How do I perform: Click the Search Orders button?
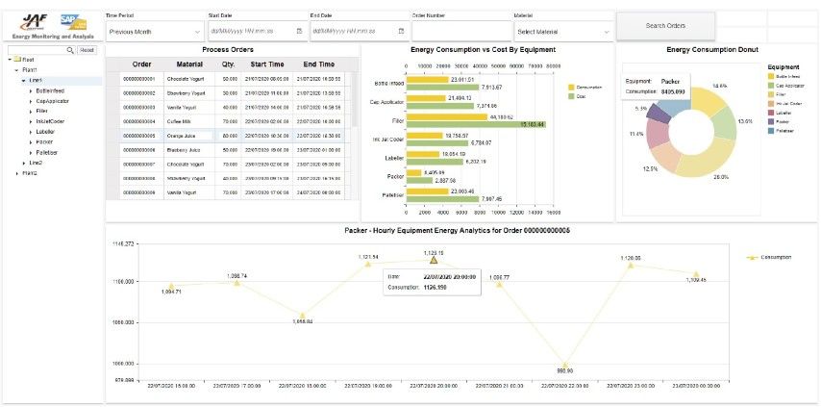tap(664, 25)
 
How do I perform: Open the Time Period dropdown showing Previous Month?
tap(152, 31)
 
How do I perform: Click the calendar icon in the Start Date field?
tap(299, 31)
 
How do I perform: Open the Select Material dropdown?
tap(562, 31)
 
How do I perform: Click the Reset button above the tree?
tap(87, 49)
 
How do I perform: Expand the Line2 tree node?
tap(23, 163)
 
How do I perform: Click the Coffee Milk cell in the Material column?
tap(180, 122)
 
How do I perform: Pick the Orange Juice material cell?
tap(181, 137)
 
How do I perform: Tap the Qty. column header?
tap(229, 64)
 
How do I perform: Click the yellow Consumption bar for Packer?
tap(418, 173)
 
